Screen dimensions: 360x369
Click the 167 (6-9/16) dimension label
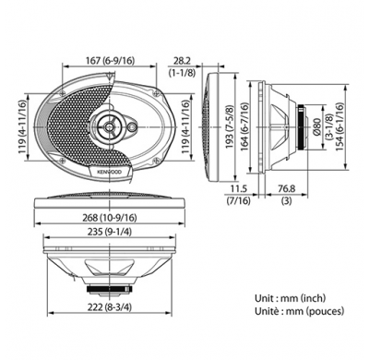pyautogui.click(x=109, y=61)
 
